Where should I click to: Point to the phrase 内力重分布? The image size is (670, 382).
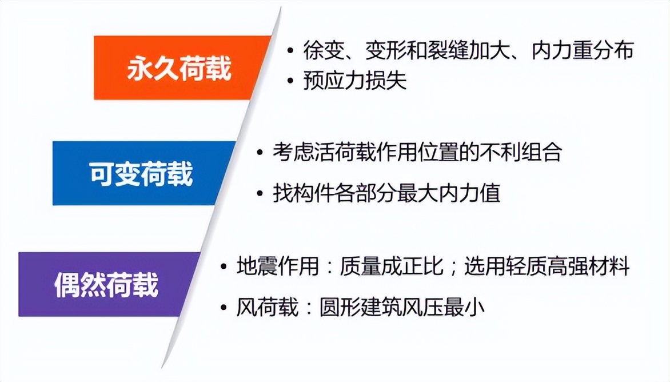pos(583,50)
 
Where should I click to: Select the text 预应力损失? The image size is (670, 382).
pos(355,81)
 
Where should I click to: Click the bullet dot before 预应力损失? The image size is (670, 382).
pos(291,81)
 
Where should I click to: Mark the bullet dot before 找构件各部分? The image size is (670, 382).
pos(261,193)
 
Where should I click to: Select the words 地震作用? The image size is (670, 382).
pos(277,266)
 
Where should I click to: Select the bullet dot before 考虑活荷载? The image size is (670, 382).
pos(261,153)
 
